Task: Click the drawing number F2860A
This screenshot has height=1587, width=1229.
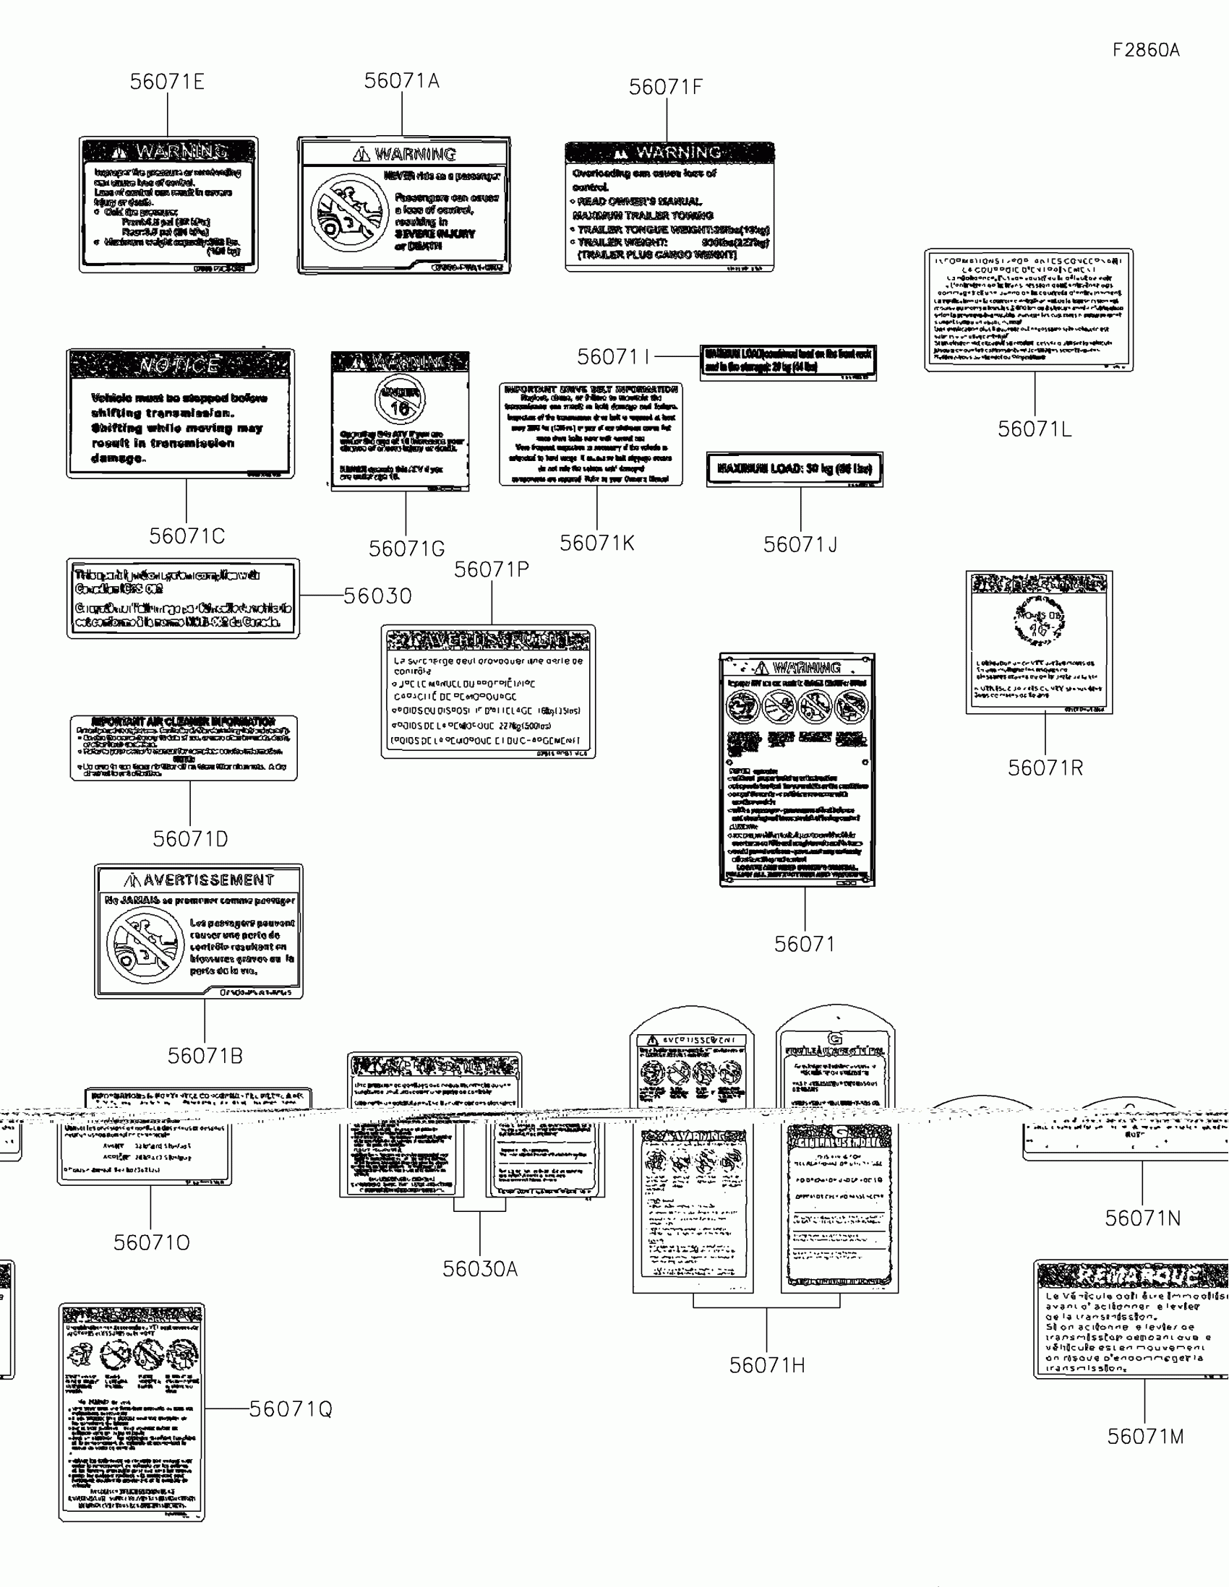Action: pos(1145,50)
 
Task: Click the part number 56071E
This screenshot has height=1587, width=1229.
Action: pos(167,82)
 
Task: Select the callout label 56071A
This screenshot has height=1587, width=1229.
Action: pos(402,81)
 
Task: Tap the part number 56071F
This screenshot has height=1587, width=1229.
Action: pos(666,87)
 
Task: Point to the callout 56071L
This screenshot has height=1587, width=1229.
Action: pos(1035,429)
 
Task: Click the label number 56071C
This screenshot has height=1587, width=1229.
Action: pos(187,536)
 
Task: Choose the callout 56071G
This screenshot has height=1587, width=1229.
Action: pos(406,549)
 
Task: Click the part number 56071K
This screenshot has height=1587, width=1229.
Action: pos(596,543)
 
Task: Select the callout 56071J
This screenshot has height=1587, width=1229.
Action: pos(800,545)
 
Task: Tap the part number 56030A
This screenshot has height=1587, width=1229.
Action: pos(480,1269)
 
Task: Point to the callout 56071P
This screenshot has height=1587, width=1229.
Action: pos(492,569)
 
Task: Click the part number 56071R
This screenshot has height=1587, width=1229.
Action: pos(1045,768)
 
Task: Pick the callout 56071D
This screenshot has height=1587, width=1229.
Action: pos(190,839)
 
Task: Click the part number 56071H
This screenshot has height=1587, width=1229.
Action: pos(767,1365)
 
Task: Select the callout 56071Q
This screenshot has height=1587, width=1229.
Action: pos(291,1410)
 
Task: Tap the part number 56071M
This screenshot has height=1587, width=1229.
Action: pos(1145,1437)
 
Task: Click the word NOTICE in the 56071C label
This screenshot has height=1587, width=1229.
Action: pos(179,365)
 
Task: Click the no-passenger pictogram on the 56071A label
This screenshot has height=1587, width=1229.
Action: pos(350,212)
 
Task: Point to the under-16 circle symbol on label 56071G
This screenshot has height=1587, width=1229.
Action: pos(400,399)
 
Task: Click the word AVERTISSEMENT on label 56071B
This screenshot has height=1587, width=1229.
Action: pos(208,881)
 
